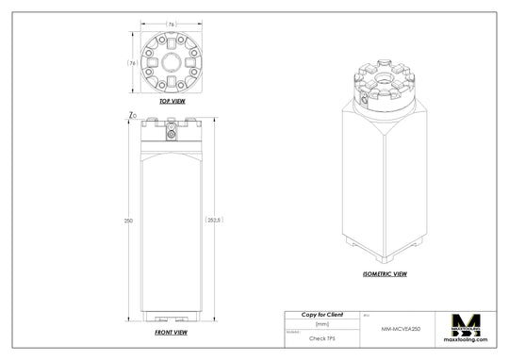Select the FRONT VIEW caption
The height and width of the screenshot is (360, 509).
(x=170, y=333)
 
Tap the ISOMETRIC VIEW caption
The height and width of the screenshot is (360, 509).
(x=385, y=274)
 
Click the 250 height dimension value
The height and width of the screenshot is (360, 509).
(x=128, y=221)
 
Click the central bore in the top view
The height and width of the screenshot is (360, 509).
(x=171, y=62)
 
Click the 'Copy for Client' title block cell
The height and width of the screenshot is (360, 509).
(x=321, y=314)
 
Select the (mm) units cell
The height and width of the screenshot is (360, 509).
(x=321, y=323)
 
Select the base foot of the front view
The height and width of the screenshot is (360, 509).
(x=171, y=319)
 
